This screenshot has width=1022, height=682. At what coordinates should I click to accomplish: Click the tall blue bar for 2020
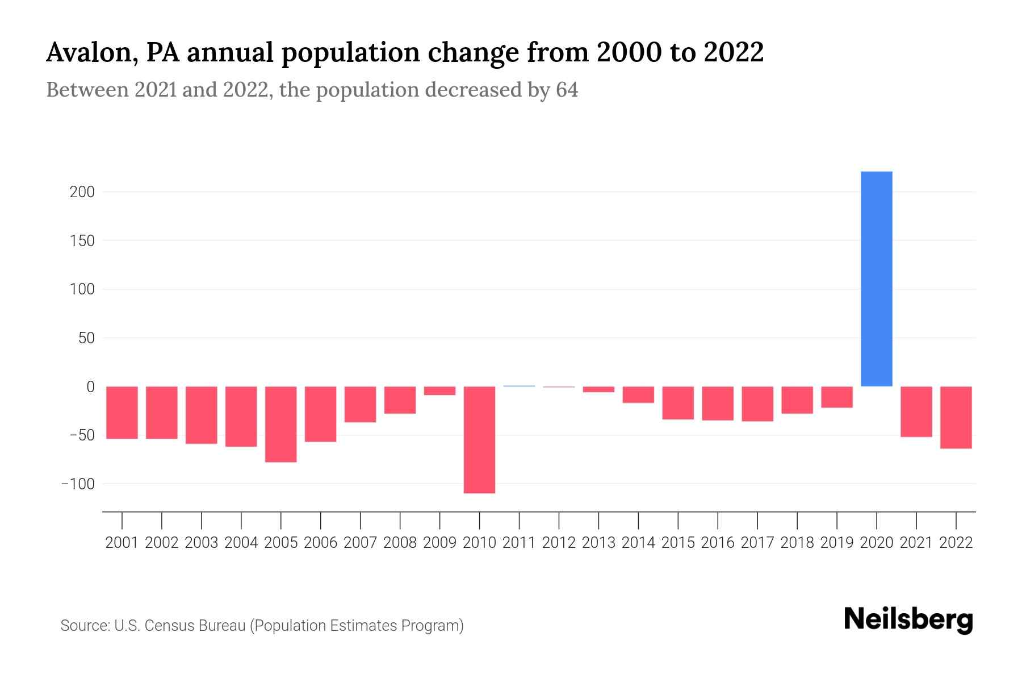pyautogui.click(x=876, y=278)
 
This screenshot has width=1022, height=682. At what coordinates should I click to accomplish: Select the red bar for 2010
pyautogui.click(x=479, y=439)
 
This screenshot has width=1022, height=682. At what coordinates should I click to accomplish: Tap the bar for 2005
pyautogui.click(x=281, y=424)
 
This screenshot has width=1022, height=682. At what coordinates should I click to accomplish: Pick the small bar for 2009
pyautogui.click(x=439, y=390)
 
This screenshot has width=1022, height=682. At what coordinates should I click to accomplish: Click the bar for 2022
pyautogui.click(x=956, y=417)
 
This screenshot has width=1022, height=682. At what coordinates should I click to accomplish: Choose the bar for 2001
pyautogui.click(x=122, y=412)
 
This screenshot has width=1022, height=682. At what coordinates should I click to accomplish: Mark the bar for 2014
pyautogui.click(x=638, y=394)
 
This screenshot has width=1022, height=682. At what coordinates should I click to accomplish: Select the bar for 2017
pyautogui.click(x=757, y=404)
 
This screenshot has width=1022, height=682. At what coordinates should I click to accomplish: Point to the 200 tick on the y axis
pyautogui.click(x=82, y=192)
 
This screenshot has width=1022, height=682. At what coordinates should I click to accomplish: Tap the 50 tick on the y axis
pyautogui.click(x=86, y=338)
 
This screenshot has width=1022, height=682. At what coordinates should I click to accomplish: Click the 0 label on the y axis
pyautogui.click(x=90, y=387)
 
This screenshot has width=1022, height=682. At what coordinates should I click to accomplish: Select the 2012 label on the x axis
pyautogui.click(x=559, y=543)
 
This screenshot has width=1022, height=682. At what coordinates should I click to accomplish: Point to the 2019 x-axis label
pyautogui.click(x=836, y=543)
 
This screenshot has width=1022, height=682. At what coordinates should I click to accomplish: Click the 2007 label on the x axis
pyautogui.click(x=360, y=543)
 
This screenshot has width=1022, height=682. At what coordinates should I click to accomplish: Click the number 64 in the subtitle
pyautogui.click(x=567, y=90)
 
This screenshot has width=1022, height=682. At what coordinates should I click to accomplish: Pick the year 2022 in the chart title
pyautogui.click(x=734, y=52)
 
